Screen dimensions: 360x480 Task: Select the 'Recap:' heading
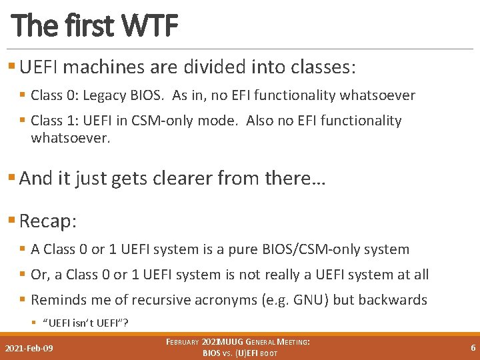(49, 221)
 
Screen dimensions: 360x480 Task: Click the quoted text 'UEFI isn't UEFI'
(85, 323)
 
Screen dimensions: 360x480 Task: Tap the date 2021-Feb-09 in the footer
(29, 348)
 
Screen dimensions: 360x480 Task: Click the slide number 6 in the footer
(473, 347)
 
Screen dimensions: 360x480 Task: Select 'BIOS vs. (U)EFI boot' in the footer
(240, 353)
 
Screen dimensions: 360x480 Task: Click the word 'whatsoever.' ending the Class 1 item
(70, 138)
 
